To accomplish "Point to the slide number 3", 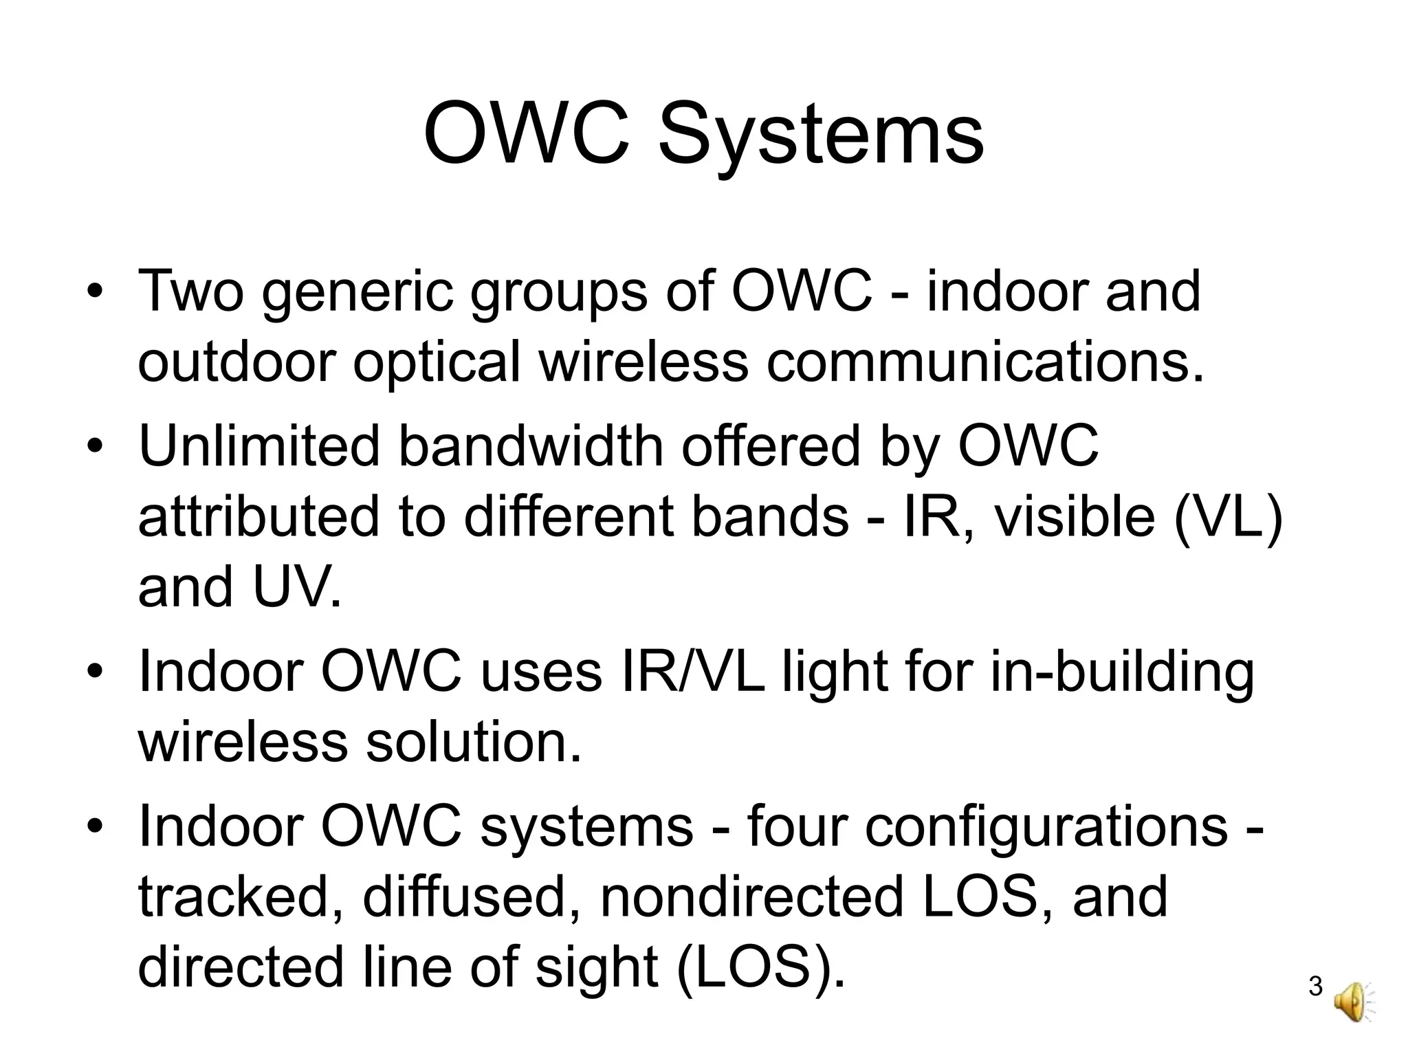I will pyautogui.click(x=1315, y=987).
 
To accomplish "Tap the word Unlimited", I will pyautogui.click(x=259, y=446).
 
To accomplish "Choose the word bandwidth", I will pyautogui.click(x=531, y=446).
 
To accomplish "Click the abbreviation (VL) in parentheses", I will pyautogui.click(x=1228, y=518).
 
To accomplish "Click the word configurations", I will pyautogui.click(x=1046, y=828).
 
